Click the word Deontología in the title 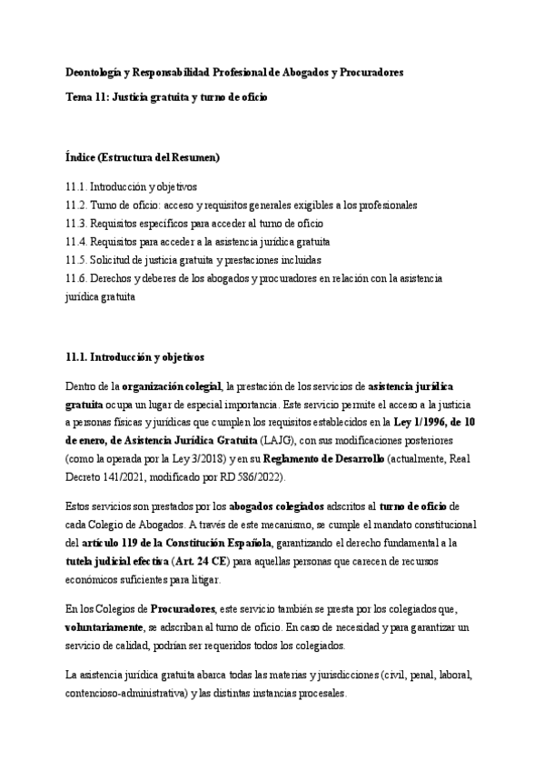point(95,71)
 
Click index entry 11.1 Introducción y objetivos point(136,185)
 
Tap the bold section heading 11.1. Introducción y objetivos point(135,356)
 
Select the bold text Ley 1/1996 point(420,422)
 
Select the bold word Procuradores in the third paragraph point(183,607)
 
